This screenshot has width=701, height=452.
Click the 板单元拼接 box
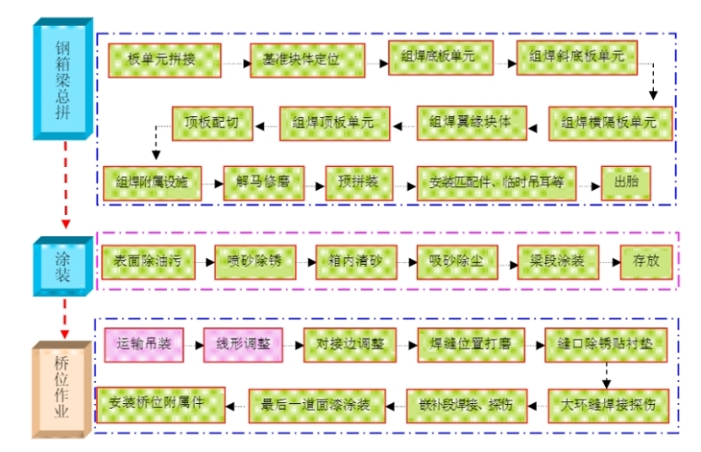pos(162,60)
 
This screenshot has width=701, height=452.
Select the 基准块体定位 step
pos(307,60)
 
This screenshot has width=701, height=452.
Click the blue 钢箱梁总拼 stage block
pos(63,78)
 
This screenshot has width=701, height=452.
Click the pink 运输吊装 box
pos(144,343)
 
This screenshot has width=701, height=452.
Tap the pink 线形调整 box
pos(244,343)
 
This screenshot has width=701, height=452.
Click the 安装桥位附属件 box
pos(156,403)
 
